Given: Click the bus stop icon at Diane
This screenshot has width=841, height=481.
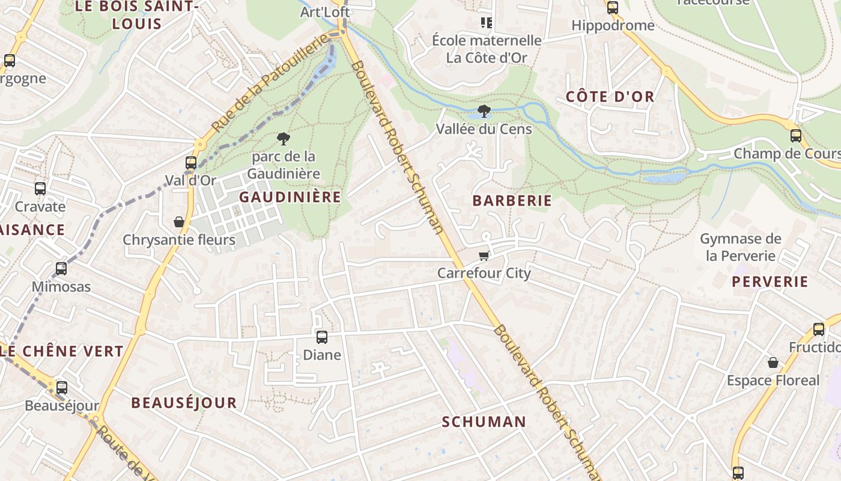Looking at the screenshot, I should click(322, 337).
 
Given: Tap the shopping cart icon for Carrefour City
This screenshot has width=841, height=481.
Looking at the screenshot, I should click(484, 256).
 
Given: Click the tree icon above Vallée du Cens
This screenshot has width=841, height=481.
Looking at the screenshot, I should click(484, 111).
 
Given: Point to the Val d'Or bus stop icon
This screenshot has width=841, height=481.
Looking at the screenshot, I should click(191, 162).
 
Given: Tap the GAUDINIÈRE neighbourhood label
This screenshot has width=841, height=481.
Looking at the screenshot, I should click(290, 197).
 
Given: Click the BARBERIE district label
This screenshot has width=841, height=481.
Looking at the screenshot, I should click(512, 201).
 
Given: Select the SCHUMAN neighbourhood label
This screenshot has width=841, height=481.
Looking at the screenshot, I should click(484, 422).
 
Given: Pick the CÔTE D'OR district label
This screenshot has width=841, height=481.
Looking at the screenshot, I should click(610, 96).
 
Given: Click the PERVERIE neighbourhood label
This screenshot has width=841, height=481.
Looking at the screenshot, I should click(770, 282).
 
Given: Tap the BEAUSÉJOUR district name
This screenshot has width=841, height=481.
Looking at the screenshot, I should click(184, 403).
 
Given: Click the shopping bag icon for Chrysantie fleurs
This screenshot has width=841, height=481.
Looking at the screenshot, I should click(179, 222).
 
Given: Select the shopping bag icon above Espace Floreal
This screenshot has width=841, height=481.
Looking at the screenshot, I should click(773, 363).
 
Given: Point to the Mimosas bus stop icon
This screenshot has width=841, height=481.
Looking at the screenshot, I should click(61, 268).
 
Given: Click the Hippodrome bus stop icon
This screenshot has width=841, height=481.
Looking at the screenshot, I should click(613, 8).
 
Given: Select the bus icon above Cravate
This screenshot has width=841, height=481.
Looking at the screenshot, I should click(40, 188).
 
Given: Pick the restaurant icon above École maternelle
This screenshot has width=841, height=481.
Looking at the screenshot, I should click(487, 23).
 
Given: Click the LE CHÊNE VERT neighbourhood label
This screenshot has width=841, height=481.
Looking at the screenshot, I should click(64, 351).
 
